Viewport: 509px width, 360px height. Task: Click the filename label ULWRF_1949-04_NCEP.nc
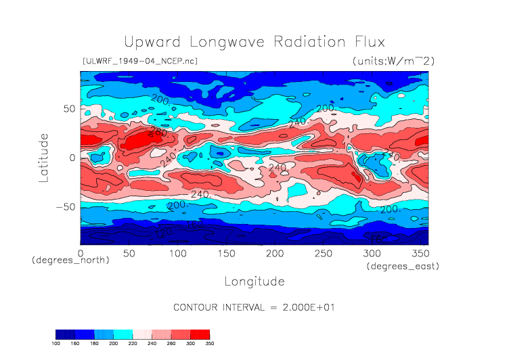click(x=139, y=61)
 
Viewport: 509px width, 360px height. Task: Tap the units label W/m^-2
click(x=393, y=61)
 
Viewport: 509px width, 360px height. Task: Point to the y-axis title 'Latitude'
click(x=44, y=157)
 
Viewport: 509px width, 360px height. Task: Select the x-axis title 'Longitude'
click(x=254, y=281)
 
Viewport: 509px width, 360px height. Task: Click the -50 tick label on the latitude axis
click(x=64, y=206)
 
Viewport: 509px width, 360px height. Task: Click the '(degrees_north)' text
click(x=70, y=260)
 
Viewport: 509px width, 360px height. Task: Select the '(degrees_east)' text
click(x=403, y=267)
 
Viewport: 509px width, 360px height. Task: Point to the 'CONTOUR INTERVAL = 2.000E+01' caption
click(x=254, y=307)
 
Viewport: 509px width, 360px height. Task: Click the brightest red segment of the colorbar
click(x=200, y=334)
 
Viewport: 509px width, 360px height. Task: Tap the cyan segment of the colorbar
click(x=123, y=334)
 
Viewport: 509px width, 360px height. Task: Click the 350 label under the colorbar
click(x=209, y=344)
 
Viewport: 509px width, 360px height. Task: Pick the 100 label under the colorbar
click(x=56, y=344)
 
